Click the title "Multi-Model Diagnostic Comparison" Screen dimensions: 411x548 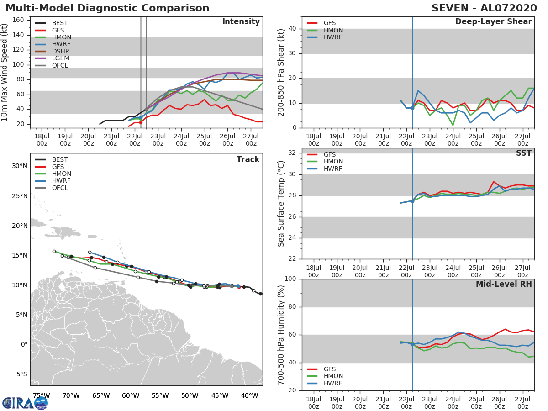click(x=107, y=8)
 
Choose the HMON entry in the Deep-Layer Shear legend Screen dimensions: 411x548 click(x=333, y=30)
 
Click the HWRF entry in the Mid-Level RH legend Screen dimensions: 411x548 click(x=332, y=384)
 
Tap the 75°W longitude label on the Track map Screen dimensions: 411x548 click(x=41, y=395)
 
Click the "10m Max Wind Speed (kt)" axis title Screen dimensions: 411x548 click(x=5, y=73)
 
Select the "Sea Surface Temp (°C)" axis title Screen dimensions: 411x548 click(x=281, y=203)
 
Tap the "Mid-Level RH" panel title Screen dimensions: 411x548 click(x=504, y=285)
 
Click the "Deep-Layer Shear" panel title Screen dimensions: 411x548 click(x=493, y=22)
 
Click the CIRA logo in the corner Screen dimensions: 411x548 click(x=25, y=403)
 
